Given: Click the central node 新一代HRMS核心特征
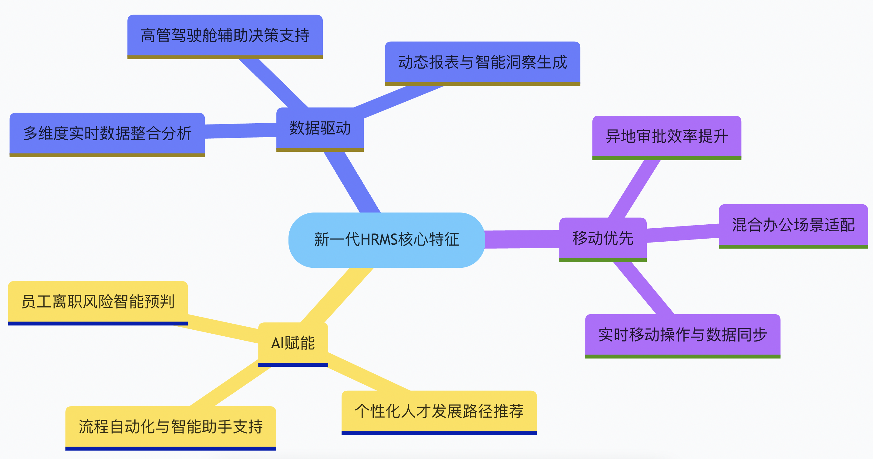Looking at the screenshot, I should tap(386, 240).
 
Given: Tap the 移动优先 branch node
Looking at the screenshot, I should tap(602, 238).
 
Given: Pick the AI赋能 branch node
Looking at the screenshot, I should tap(293, 343).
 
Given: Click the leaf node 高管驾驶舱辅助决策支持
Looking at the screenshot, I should tap(225, 36).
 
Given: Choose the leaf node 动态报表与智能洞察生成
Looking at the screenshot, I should tap(482, 63).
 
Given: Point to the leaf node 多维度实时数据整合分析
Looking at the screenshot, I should tap(107, 134).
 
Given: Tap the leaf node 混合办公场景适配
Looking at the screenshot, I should tap(793, 225).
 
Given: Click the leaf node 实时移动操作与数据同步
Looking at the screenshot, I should tap(682, 335).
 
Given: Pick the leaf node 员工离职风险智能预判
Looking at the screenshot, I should tap(98, 301).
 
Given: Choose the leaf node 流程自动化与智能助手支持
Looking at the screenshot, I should tap(170, 427).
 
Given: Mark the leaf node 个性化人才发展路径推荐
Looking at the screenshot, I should tap(439, 411).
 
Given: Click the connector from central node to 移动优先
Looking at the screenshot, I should tap(522, 239).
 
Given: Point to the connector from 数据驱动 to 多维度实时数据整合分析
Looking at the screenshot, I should tap(241, 131).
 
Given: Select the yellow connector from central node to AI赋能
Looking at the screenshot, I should tap(337, 295).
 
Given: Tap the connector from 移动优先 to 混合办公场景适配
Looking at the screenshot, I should tap(683, 233).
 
